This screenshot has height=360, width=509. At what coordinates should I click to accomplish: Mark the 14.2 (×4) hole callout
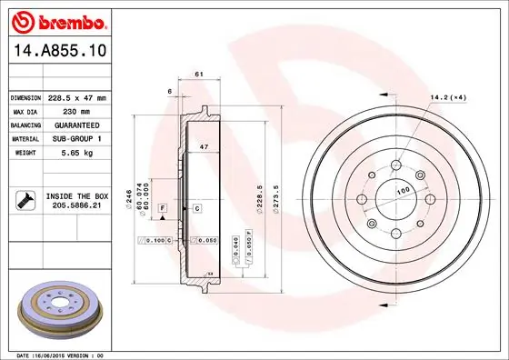point(447,97)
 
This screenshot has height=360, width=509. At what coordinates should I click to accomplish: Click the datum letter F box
point(162,209)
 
